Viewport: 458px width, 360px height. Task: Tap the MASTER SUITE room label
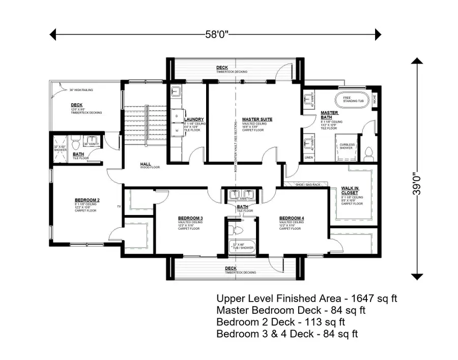coord(257,119)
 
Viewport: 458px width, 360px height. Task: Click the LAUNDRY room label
coord(194,119)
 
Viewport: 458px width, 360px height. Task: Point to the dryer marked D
coord(177,116)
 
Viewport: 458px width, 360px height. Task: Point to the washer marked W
coord(177,130)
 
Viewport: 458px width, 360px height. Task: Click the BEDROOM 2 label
coord(87,200)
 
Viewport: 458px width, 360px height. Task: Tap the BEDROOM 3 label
coord(190,218)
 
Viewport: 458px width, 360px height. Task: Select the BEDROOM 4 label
coord(292,218)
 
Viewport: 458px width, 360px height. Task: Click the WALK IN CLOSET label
coord(350,190)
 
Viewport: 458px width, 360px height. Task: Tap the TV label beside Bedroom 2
coord(119,206)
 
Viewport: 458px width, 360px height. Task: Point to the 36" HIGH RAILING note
coord(81,90)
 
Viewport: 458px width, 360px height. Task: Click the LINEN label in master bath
coord(308,158)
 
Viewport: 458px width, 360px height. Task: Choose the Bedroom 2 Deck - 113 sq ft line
coord(281,322)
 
